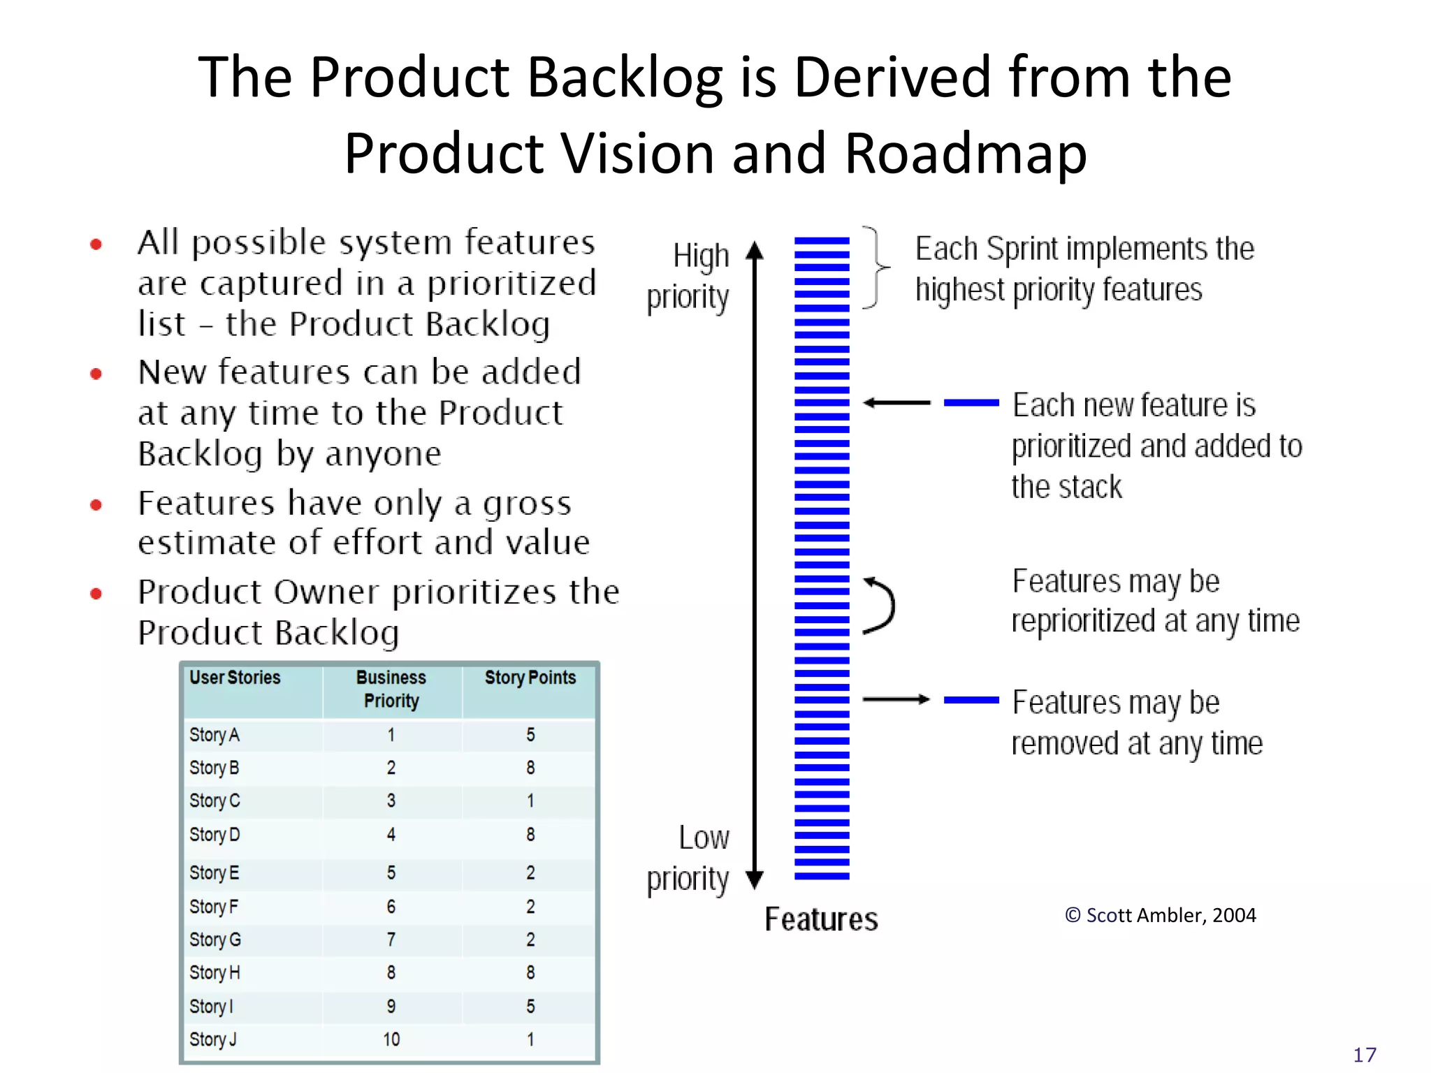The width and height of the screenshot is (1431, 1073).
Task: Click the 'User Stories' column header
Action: tap(235, 678)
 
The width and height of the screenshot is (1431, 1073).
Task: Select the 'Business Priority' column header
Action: tap(391, 689)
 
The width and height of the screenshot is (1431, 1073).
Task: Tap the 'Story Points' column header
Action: tap(530, 678)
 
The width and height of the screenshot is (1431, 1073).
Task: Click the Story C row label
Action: tap(215, 801)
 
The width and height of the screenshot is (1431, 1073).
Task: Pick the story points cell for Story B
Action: tap(530, 768)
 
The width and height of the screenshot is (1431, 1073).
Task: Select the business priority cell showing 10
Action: tap(391, 1039)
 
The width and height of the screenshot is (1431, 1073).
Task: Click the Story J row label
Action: tap(213, 1039)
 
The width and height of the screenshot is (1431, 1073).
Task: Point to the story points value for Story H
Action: tap(530, 972)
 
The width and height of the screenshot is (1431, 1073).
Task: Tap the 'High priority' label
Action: tap(688, 277)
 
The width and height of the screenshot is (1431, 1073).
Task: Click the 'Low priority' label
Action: tap(688, 858)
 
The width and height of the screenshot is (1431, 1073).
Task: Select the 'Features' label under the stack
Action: tap(821, 919)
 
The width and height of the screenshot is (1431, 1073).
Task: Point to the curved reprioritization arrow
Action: tap(880, 606)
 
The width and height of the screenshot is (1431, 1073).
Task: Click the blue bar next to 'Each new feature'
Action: tap(971, 403)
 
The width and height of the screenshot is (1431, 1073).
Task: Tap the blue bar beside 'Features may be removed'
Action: tap(971, 700)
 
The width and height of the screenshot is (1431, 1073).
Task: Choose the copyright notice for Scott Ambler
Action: tap(1160, 915)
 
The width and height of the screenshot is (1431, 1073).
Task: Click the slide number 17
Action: tap(1365, 1055)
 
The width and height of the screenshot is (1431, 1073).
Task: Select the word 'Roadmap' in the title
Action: tap(966, 154)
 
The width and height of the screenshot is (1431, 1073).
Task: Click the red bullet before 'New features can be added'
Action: tap(96, 374)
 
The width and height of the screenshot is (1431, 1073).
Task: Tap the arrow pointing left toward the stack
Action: tap(897, 403)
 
